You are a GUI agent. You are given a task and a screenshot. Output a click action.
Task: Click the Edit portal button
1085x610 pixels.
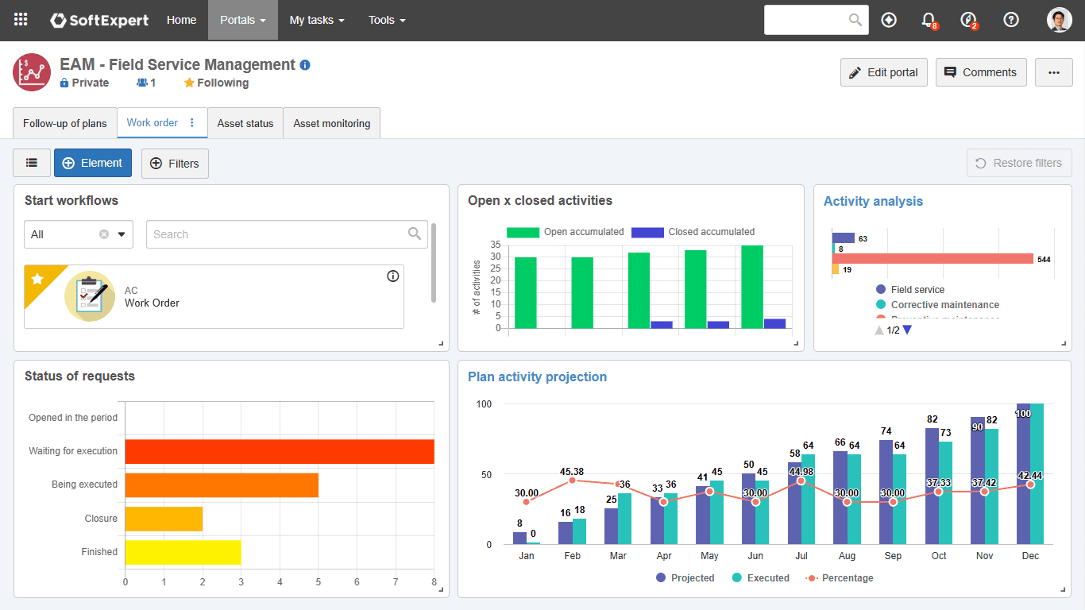(x=884, y=72)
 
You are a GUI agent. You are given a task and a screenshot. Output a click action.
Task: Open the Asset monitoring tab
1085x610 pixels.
(x=331, y=123)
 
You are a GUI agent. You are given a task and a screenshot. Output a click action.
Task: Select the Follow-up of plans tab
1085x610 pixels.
(x=65, y=123)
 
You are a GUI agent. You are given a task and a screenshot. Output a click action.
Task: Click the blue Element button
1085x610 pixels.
(x=93, y=163)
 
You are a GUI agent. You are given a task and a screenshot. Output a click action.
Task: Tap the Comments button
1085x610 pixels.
(x=980, y=72)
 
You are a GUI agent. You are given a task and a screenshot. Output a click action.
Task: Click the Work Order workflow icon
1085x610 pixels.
(x=90, y=296)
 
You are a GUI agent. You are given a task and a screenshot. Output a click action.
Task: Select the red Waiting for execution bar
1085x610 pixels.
(x=279, y=451)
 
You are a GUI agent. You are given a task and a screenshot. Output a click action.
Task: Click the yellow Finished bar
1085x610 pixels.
(x=183, y=552)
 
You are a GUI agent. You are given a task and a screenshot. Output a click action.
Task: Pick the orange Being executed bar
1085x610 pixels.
(x=222, y=485)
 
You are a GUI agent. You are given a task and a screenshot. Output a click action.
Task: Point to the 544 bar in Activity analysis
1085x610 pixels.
(x=932, y=259)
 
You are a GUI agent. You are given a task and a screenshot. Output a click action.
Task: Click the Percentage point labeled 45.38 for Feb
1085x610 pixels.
(x=572, y=481)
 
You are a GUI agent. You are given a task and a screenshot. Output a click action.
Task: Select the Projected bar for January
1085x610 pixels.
(x=519, y=539)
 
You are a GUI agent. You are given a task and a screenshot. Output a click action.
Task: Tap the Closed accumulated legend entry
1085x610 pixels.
(x=693, y=232)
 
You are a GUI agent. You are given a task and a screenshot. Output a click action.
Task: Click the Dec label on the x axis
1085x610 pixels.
(x=1030, y=556)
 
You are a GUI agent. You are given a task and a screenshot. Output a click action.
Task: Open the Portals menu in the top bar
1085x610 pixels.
(x=242, y=20)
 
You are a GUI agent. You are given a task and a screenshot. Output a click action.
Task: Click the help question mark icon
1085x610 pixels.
(x=1010, y=20)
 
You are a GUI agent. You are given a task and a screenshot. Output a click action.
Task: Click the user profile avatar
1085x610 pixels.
(x=1059, y=20)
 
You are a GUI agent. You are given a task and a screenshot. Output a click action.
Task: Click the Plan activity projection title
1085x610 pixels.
(x=537, y=377)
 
